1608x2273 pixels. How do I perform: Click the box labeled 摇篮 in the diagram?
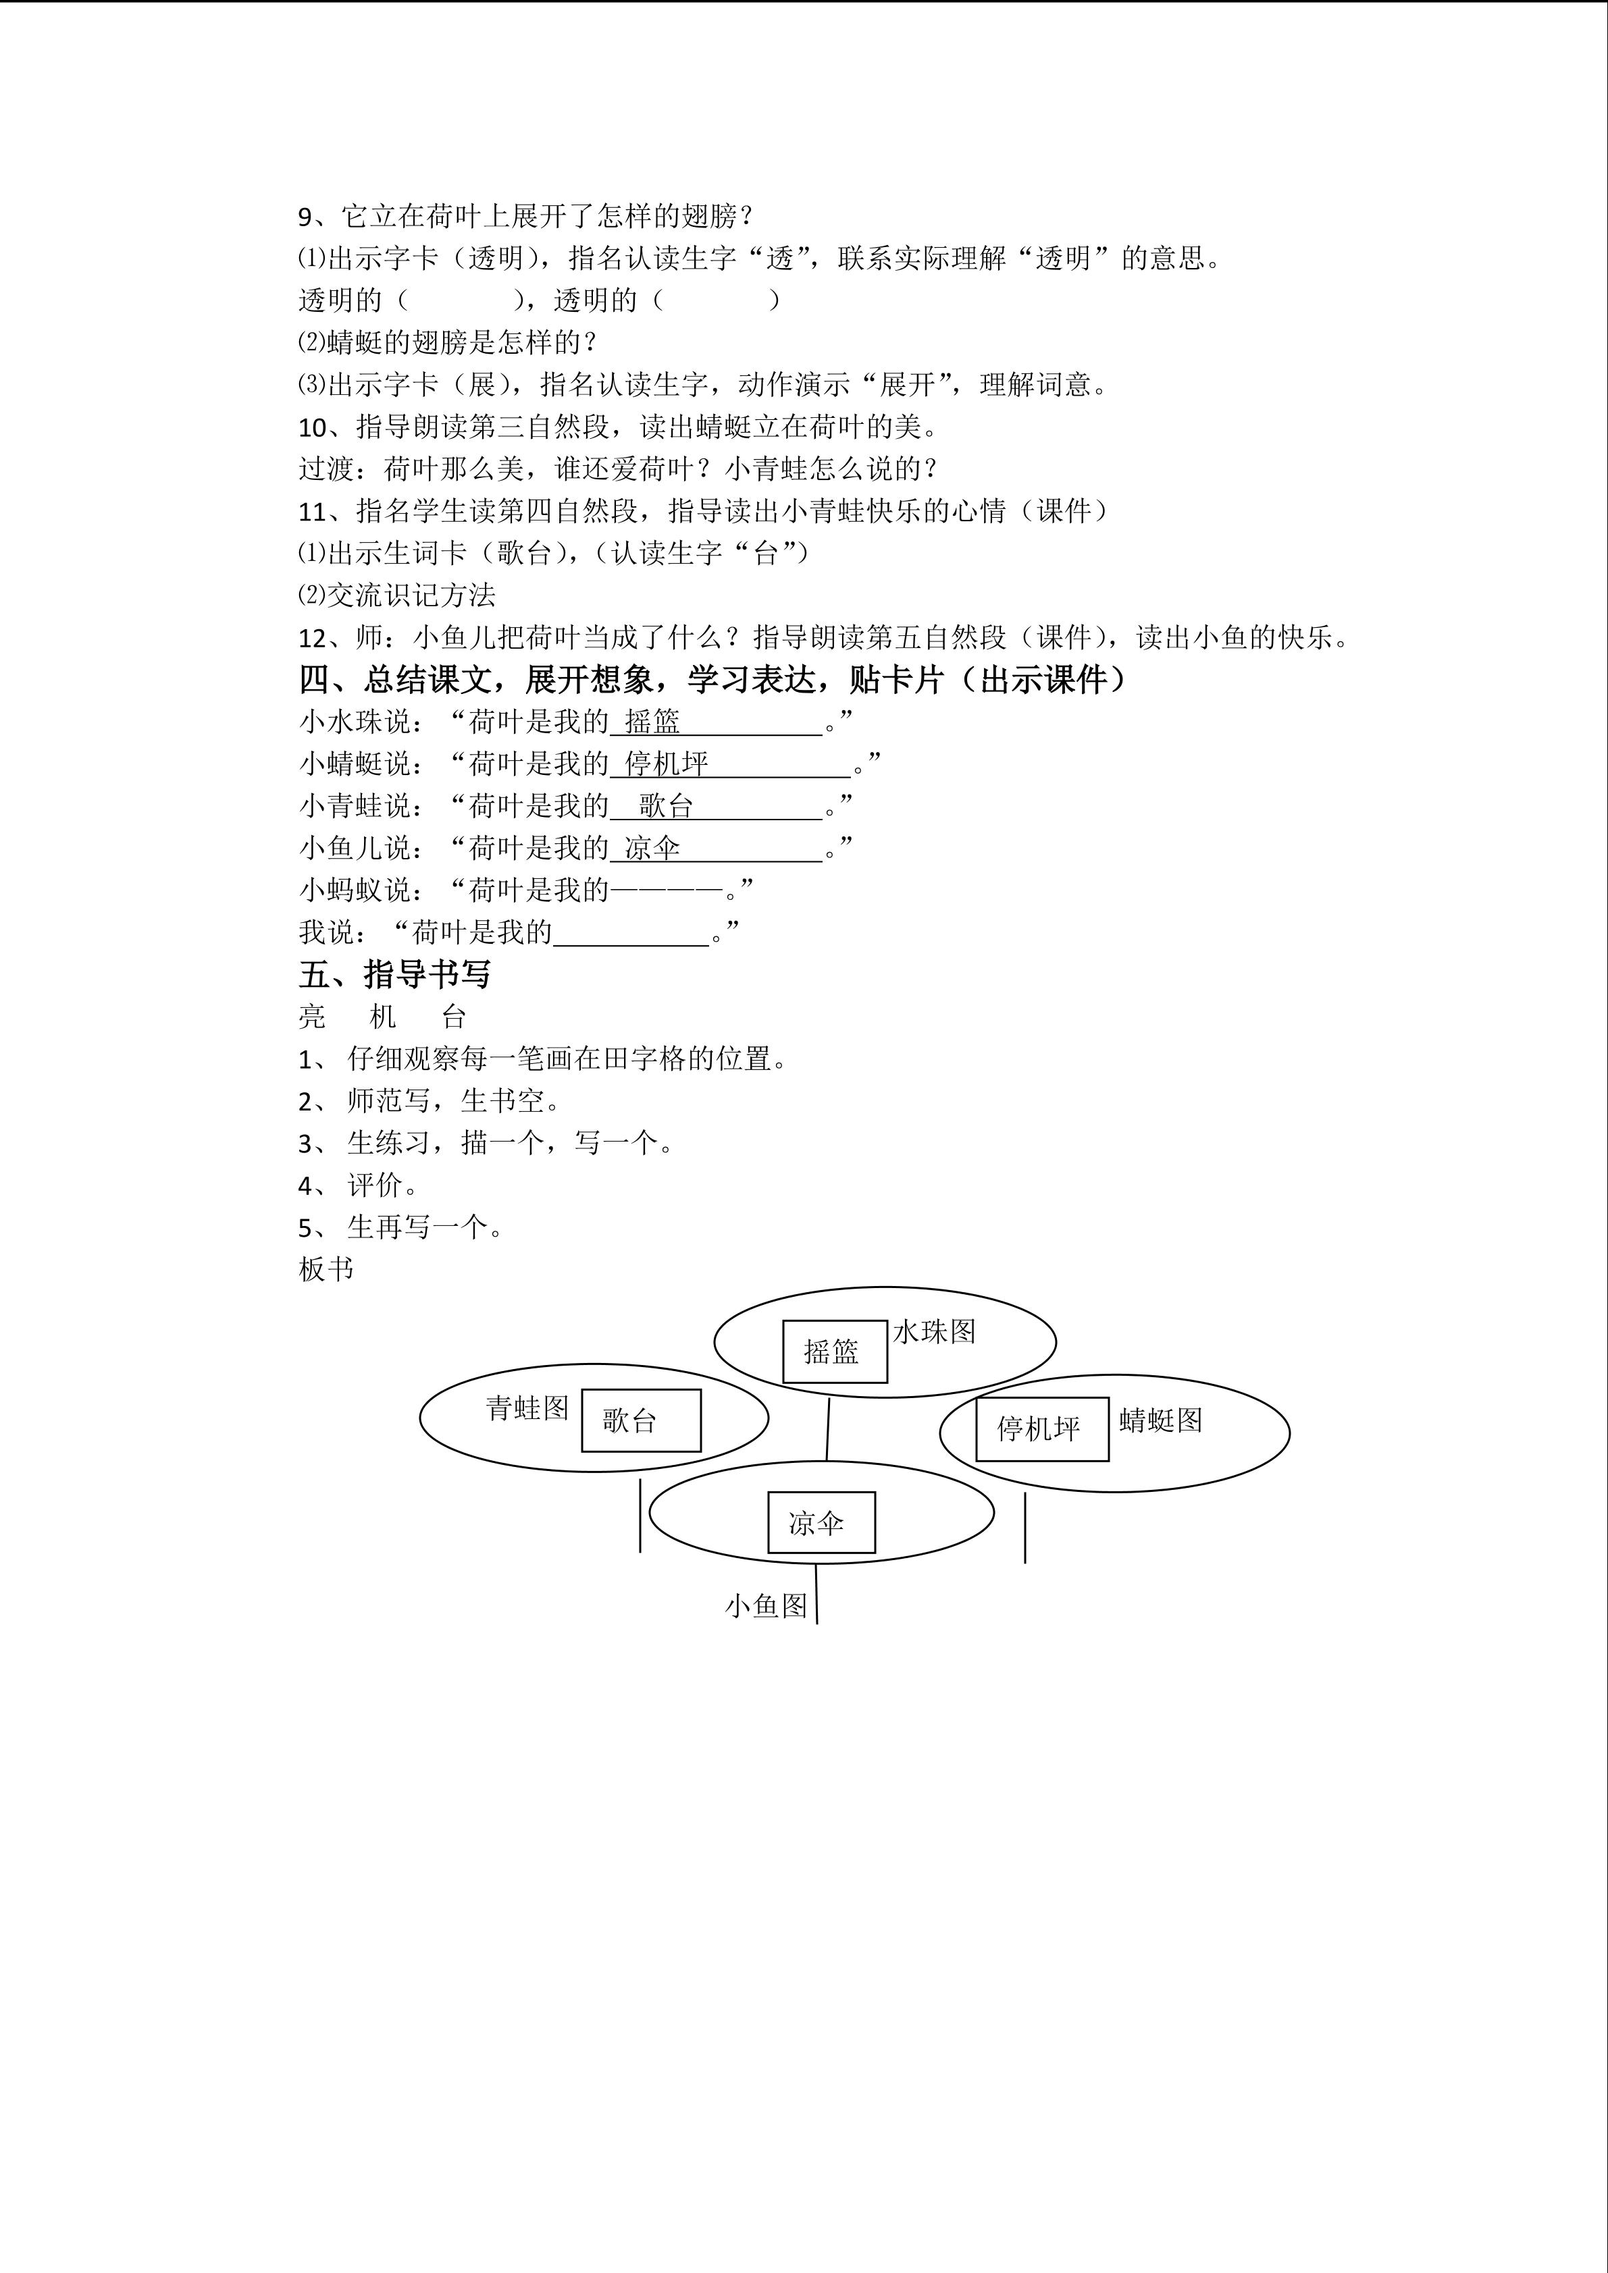833,1352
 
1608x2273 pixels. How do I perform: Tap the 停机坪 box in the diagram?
1041,1428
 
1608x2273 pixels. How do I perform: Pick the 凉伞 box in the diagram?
821,1522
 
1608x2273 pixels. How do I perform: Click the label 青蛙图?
527,1408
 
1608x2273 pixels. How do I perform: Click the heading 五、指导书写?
394,974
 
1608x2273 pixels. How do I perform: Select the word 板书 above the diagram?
326,1269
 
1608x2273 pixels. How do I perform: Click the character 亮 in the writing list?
312,1017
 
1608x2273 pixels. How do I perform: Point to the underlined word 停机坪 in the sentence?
667,764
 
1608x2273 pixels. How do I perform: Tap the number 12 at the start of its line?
312,637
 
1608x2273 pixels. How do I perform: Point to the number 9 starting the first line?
305,217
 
